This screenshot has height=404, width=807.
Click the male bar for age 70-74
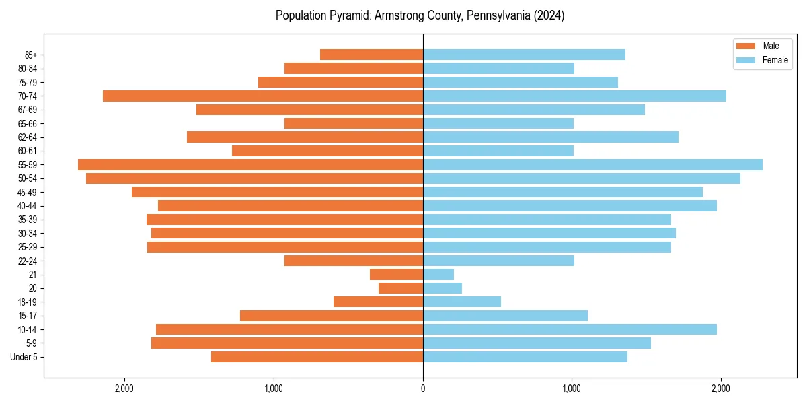tap(263, 96)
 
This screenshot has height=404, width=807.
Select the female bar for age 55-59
tap(592, 165)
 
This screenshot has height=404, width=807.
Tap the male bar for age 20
tap(401, 288)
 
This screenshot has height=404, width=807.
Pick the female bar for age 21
tap(438, 275)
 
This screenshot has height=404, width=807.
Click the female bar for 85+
tap(524, 55)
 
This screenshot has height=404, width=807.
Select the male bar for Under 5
tap(317, 357)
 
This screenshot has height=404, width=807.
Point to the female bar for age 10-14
tap(570, 329)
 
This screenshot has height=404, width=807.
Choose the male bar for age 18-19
tap(378, 302)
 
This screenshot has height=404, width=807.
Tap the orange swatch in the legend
tap(746, 46)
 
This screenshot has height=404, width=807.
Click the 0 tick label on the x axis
tap(423, 389)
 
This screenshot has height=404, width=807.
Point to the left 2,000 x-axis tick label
tap(124, 389)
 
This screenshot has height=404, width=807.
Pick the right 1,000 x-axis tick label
tap(572, 389)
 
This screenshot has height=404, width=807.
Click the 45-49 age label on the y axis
tap(28, 193)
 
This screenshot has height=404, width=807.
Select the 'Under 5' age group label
tap(24, 357)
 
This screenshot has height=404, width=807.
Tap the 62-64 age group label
tap(28, 137)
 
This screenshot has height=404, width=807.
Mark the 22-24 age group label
tap(28, 261)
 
